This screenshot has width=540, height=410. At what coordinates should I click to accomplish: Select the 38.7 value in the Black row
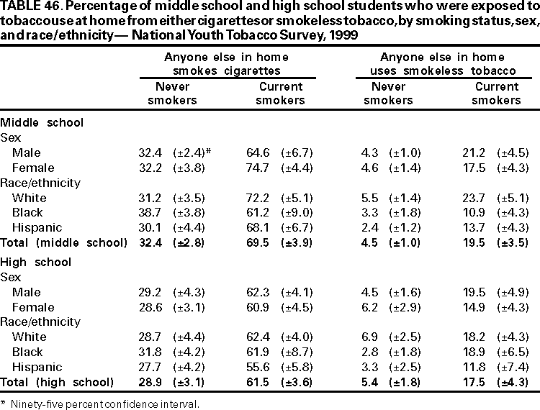[156, 212]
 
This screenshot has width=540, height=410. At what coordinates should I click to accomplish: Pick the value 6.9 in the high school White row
[358, 336]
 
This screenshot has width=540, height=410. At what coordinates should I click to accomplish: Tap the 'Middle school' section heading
[42, 122]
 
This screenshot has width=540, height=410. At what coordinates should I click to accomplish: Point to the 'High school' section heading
[36, 261]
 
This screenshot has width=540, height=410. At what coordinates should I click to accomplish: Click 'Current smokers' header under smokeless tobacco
[495, 94]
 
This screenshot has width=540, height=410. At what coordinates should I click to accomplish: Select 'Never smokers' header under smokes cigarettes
[172, 94]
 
